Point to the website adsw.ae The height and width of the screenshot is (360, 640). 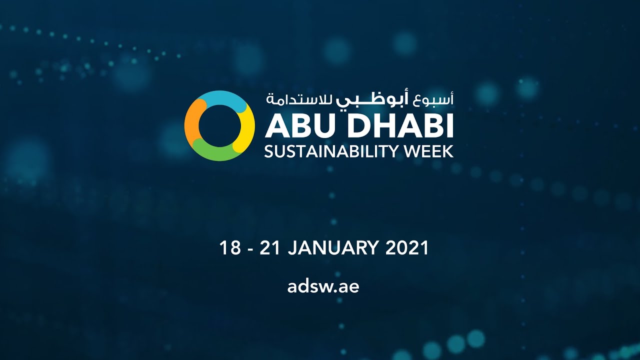(323, 287)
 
